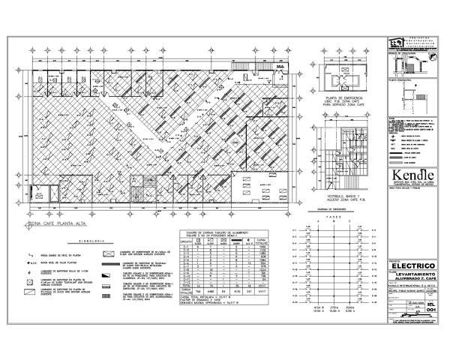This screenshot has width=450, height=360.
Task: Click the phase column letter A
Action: click(316, 222)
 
